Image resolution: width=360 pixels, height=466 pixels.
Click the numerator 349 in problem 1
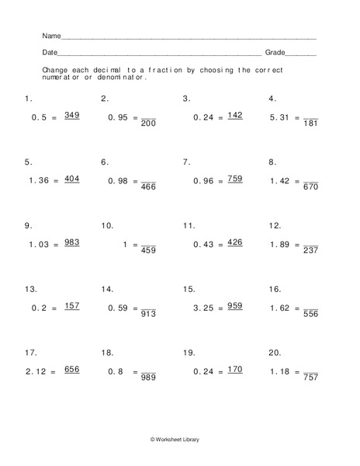tap(71, 115)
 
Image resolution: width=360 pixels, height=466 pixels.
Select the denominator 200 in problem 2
tap(148, 123)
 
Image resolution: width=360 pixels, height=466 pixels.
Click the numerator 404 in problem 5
tap(71, 179)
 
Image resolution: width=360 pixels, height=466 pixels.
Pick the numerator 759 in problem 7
tap(235, 179)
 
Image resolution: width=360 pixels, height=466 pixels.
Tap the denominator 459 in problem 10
tap(148, 250)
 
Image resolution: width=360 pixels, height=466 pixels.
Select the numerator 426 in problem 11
tap(235, 242)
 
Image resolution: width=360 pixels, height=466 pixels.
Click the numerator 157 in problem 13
tap(71, 306)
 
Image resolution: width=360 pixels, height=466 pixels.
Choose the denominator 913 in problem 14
tap(148, 314)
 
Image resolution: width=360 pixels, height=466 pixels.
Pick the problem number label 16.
tap(275, 289)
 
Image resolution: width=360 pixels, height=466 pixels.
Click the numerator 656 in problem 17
tap(71, 370)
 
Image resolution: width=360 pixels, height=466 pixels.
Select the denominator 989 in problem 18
tap(148, 377)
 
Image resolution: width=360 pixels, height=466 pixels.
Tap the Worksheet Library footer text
tap(180, 440)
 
